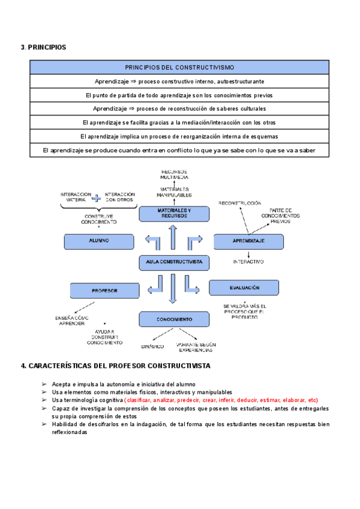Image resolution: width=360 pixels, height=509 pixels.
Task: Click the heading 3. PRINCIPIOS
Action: [x=43, y=47]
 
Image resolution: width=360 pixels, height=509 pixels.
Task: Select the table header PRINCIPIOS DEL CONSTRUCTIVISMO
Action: [x=179, y=67]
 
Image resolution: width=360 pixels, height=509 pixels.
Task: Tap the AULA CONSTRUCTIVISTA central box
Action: [x=173, y=262]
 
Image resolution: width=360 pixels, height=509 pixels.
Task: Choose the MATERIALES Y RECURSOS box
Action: [x=174, y=214]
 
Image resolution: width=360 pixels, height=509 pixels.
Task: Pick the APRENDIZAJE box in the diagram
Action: [x=248, y=241]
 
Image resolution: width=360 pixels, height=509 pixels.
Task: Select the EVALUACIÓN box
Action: [x=244, y=288]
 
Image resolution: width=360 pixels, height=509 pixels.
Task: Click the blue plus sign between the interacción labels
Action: [x=97, y=197]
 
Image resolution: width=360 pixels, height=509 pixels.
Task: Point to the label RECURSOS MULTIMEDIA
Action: [x=174, y=175]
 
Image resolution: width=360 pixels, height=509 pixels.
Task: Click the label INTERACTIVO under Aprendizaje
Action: [x=248, y=262]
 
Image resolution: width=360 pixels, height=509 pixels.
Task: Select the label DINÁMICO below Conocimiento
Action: [x=152, y=347]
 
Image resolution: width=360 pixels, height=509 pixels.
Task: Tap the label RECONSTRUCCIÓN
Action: [x=240, y=203]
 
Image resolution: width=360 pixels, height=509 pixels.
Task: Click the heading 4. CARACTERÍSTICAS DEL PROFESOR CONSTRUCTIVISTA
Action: [x=115, y=366]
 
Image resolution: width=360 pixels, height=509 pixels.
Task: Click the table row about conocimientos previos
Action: [x=179, y=95]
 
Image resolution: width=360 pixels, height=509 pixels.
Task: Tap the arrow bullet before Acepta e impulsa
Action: [x=45, y=384]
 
